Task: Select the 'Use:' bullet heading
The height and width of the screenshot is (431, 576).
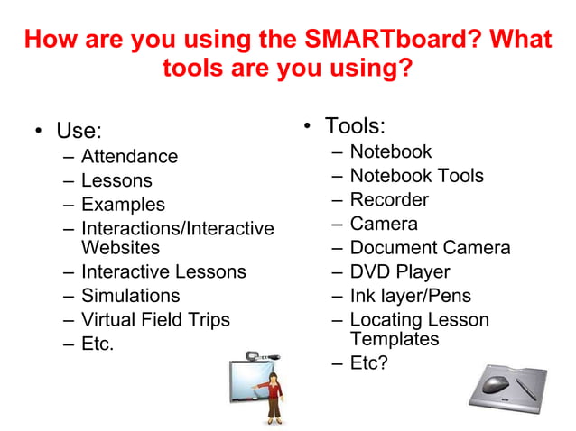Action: pyautogui.click(x=79, y=132)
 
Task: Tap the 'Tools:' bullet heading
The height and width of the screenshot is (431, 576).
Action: pyautogui.click(x=356, y=125)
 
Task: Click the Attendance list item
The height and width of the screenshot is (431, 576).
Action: pyautogui.click(x=129, y=157)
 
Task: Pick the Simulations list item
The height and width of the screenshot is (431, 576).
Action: pyautogui.click(x=130, y=296)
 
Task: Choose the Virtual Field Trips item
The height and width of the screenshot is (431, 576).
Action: pyautogui.click(x=155, y=320)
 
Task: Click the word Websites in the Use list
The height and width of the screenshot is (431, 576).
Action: pyautogui.click(x=120, y=247)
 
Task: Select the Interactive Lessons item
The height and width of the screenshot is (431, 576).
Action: pyautogui.click(x=163, y=271)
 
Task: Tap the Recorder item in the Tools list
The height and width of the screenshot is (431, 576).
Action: pyautogui.click(x=389, y=199)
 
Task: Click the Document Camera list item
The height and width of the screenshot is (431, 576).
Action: pyautogui.click(x=430, y=248)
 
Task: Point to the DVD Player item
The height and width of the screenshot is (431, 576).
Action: pyautogui.click(x=399, y=271)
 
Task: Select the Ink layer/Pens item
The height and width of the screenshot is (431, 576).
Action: pyautogui.click(x=410, y=296)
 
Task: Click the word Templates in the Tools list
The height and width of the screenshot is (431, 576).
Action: pyautogui.click(x=395, y=339)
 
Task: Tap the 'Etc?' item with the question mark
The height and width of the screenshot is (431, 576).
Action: pyautogui.click(x=368, y=363)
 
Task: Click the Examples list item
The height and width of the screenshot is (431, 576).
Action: pyautogui.click(x=123, y=205)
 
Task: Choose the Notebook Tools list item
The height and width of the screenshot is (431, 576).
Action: pyautogui.click(x=416, y=176)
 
